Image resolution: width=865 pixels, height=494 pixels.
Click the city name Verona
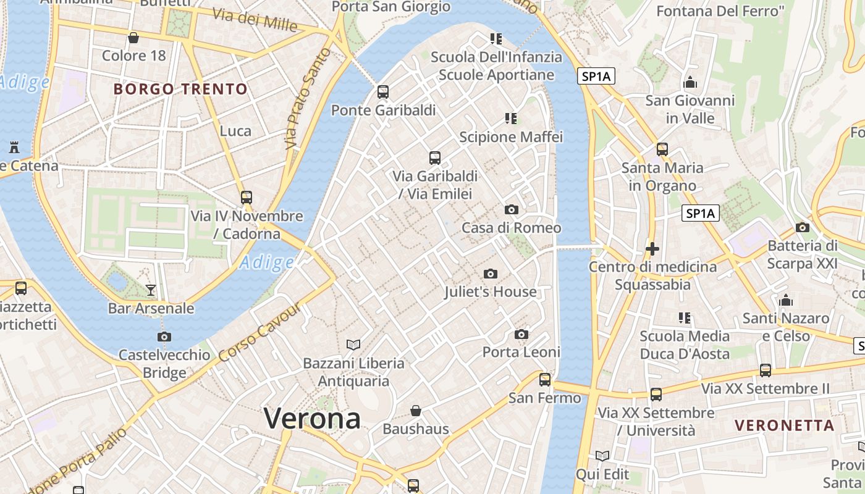312,419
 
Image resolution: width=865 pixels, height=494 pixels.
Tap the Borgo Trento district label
180,89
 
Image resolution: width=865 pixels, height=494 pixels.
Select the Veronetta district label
785,425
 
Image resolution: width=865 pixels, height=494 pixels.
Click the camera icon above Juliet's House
491,274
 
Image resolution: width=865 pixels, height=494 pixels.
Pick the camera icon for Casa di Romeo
512,210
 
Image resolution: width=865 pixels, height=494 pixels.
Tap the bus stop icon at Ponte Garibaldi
383,92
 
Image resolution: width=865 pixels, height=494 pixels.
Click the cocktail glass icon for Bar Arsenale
151,290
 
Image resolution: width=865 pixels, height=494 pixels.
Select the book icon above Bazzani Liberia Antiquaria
353,345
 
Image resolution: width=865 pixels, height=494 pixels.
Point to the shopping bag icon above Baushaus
416,411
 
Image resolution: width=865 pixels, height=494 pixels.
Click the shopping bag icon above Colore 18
133,38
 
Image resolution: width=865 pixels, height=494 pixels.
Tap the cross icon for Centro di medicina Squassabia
652,249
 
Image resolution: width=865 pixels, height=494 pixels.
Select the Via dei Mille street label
255,20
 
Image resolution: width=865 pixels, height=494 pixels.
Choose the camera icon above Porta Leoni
521,334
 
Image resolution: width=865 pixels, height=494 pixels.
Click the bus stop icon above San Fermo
544,379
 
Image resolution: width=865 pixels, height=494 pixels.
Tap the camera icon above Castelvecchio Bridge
164,337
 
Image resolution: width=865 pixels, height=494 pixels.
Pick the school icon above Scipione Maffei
510,118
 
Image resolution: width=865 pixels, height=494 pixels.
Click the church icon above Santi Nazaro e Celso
786,300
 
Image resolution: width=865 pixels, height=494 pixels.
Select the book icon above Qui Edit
602,456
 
